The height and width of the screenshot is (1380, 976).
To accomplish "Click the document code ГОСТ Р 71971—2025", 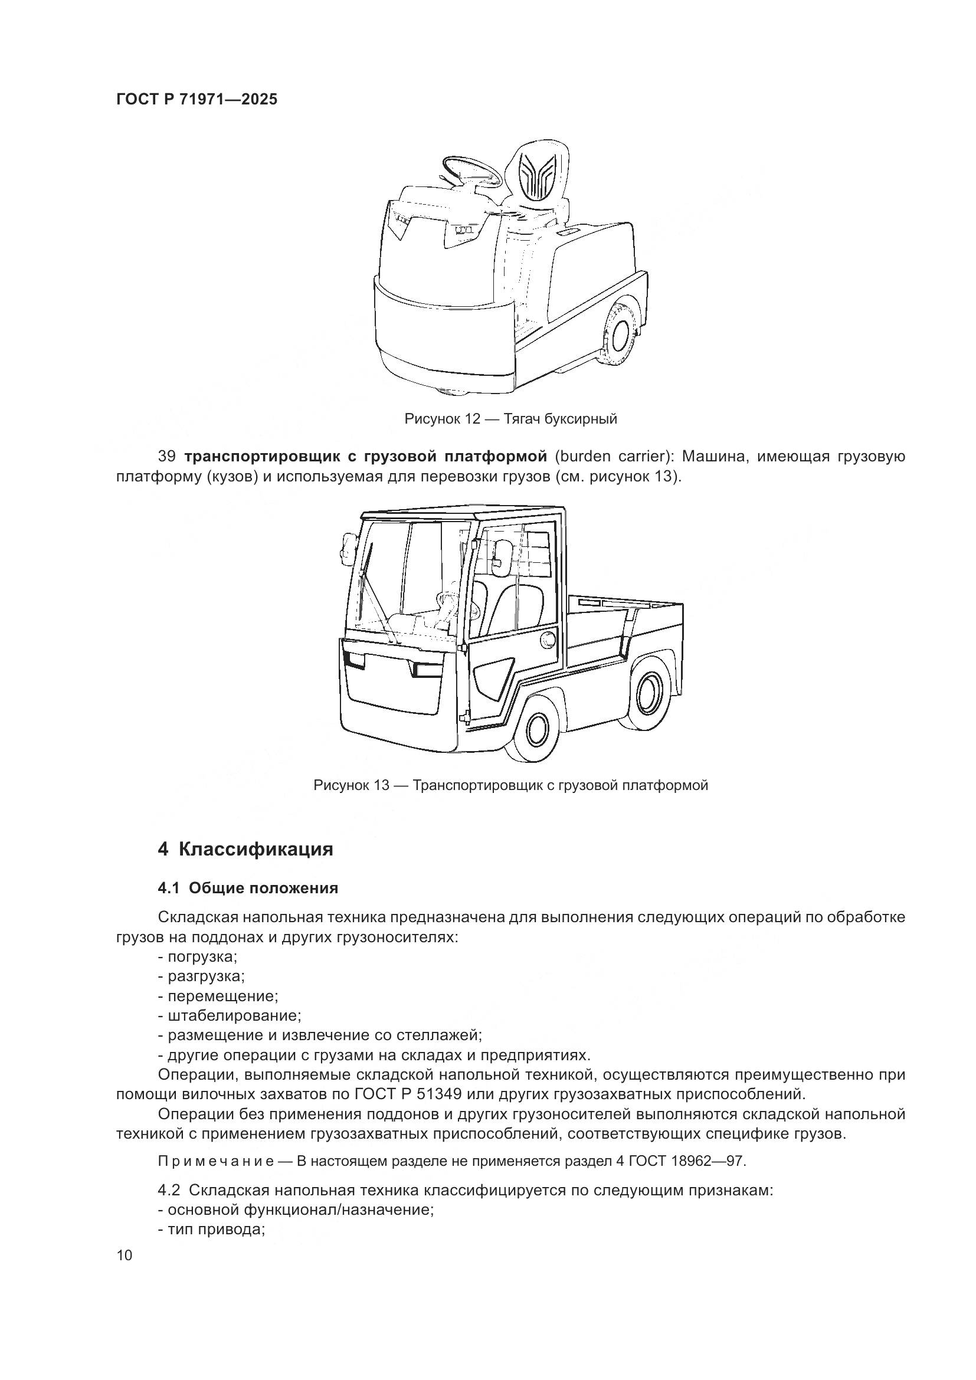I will point(196,99).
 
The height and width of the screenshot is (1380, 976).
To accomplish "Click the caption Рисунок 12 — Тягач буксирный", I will point(510,419).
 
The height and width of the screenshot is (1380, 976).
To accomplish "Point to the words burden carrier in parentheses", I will point(613,457).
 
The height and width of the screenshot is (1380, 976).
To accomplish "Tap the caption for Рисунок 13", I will point(510,785).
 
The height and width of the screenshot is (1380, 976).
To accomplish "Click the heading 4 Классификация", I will point(245,849).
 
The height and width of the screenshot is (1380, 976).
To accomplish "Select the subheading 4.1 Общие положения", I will point(248,889).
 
